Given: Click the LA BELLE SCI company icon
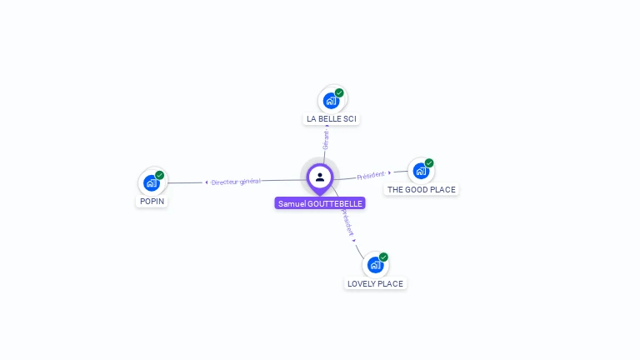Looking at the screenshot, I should coord(331,101).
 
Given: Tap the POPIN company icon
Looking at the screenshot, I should coord(151,182).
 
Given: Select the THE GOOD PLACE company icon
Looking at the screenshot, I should coord(421,171).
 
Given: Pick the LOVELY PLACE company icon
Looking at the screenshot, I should coord(375,265).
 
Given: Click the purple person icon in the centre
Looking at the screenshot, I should coord(320,177).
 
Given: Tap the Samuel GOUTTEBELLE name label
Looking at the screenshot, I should coord(321,203).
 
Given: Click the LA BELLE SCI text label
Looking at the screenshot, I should coord(332,119).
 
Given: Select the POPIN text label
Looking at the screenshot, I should coord(152,202).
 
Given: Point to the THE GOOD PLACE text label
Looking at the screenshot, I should coord(422,190).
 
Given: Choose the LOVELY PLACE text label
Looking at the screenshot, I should coord(375,284).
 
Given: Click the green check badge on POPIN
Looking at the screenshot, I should coord(159,175).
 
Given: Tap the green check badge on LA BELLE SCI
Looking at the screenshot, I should coord(339,93).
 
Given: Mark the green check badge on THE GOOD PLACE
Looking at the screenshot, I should coord(429,163).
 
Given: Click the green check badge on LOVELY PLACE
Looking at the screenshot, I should coord(383,257).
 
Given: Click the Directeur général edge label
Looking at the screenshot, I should coord(236,182).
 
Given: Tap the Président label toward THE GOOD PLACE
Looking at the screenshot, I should coord(371,175).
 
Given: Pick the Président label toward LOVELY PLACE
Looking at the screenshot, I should coord(347,222).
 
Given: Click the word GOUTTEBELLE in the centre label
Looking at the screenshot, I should coord(335,203).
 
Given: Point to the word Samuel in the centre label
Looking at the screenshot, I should coord(292,203).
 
